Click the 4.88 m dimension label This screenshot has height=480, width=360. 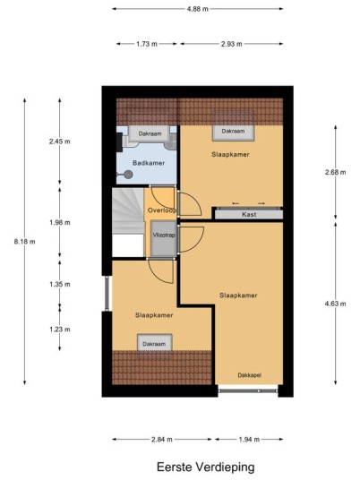click(198, 9)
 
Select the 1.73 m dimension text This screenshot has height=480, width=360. click(147, 44)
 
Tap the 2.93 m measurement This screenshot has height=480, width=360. click(231, 44)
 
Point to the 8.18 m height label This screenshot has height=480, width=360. click(24, 242)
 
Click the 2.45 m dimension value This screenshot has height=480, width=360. click(60, 141)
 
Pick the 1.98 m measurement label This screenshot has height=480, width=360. click(60, 223)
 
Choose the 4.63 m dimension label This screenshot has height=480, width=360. click(336, 304)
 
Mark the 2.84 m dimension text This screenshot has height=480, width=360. click(162, 440)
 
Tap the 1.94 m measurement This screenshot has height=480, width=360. click(249, 440)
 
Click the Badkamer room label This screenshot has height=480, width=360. click(149, 163)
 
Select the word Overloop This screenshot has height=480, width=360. click(162, 210)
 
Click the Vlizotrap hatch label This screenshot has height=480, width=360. click(164, 236)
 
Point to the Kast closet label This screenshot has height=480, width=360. click(249, 214)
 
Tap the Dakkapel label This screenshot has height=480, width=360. click(250, 375)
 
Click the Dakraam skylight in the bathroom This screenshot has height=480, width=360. click(150, 133)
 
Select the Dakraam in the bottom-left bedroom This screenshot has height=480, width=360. click(154, 343)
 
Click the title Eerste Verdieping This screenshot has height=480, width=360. click(206, 467)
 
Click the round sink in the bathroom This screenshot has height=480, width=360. click(128, 175)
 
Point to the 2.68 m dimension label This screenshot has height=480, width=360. click(336, 172)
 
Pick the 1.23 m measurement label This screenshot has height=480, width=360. click(60, 330)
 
